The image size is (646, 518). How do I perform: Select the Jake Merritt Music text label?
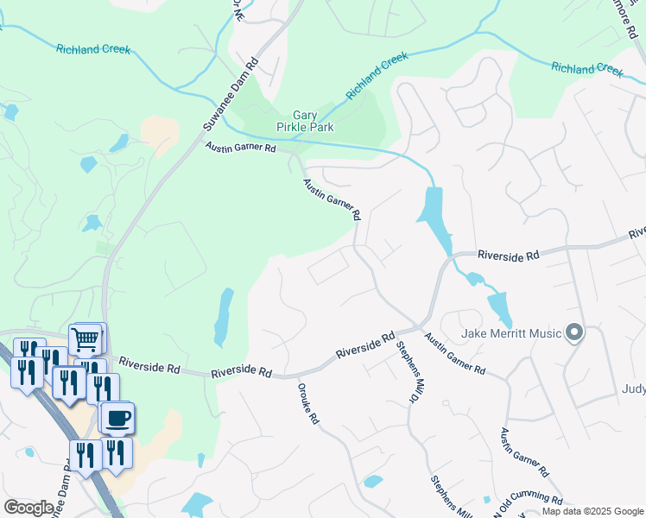coord(513,333)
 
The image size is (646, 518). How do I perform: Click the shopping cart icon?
coord(85,338)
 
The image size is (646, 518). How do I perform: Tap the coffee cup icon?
coord(117,419)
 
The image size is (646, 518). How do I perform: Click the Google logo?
coord(28,508)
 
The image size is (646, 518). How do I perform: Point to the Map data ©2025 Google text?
coord(592,511)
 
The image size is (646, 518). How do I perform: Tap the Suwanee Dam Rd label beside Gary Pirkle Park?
coord(231,95)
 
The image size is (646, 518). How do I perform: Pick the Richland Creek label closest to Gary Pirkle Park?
coord(377,74)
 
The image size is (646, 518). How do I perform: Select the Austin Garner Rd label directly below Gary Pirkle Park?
coord(240,148)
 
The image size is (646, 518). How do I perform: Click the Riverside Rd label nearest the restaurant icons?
coord(149,366)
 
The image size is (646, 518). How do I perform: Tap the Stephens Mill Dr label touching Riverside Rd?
coord(412,372)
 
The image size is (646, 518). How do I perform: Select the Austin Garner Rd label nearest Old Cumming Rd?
coord(524,452)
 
